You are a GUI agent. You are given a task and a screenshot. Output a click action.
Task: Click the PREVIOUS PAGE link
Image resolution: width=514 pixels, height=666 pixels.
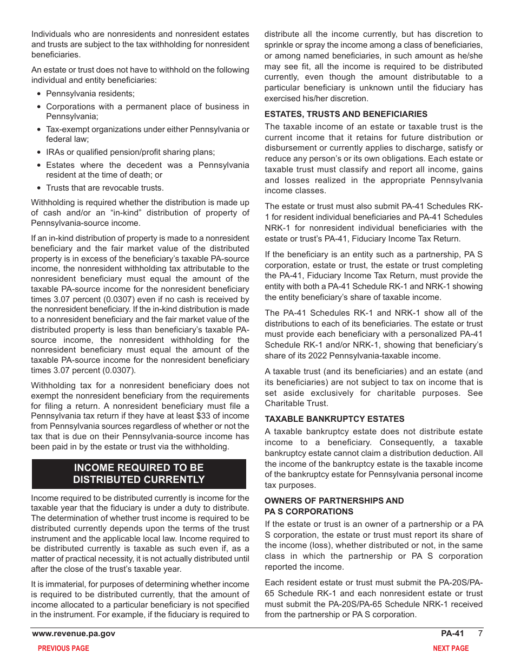click(63, 648)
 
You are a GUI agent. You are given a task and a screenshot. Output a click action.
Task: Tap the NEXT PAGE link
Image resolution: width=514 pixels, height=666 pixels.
click(451, 648)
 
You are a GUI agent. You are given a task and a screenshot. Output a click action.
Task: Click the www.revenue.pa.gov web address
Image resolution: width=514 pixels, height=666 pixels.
click(74, 634)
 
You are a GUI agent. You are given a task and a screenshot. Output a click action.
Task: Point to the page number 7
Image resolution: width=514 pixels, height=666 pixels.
click(479, 634)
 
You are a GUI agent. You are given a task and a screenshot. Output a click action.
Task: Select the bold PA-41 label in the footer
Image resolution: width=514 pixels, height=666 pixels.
click(452, 634)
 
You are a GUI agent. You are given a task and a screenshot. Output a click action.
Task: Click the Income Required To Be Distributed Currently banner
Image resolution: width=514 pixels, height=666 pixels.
click(139, 474)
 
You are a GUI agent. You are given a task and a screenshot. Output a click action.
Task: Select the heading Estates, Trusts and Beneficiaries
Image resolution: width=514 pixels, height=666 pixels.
click(346, 114)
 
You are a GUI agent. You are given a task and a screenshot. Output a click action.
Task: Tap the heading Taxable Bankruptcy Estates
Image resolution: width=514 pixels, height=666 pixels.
click(334, 419)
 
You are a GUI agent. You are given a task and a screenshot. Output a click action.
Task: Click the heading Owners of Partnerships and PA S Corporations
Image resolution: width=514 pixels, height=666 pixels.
click(334, 506)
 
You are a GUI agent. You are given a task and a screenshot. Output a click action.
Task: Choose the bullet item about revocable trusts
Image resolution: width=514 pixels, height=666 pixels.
click(104, 188)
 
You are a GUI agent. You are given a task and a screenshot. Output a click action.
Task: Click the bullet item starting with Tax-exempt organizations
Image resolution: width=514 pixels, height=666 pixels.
click(147, 134)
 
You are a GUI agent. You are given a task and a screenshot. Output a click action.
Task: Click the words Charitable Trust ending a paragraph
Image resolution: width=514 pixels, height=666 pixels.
click(295, 403)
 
